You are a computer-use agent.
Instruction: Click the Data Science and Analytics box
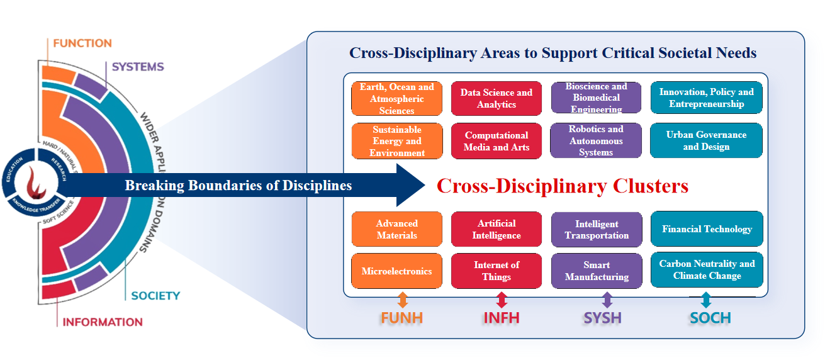point(496,98)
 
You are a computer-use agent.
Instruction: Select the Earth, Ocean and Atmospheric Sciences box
point(396,98)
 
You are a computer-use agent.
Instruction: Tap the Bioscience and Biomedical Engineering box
point(596,98)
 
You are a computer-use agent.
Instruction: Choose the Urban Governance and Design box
point(706,140)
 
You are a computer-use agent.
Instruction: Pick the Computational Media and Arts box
point(496,141)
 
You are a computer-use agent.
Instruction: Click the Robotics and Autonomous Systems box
point(596,140)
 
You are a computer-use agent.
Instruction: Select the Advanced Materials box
point(396,229)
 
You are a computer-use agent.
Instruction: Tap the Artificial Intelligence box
point(496,229)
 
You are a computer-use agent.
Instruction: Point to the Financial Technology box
point(706,229)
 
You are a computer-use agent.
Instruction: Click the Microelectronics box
point(396,271)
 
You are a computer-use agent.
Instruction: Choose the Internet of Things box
point(496,271)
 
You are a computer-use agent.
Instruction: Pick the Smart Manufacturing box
point(596,271)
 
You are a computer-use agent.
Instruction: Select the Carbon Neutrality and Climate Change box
point(706,270)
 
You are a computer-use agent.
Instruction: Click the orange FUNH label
point(403,318)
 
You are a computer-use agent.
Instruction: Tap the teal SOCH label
point(710,318)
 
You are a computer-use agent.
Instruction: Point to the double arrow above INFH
point(502,300)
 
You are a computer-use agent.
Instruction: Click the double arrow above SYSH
point(607,300)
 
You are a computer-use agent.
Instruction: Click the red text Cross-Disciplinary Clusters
point(562,186)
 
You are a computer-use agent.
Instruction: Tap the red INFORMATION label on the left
point(103,322)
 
